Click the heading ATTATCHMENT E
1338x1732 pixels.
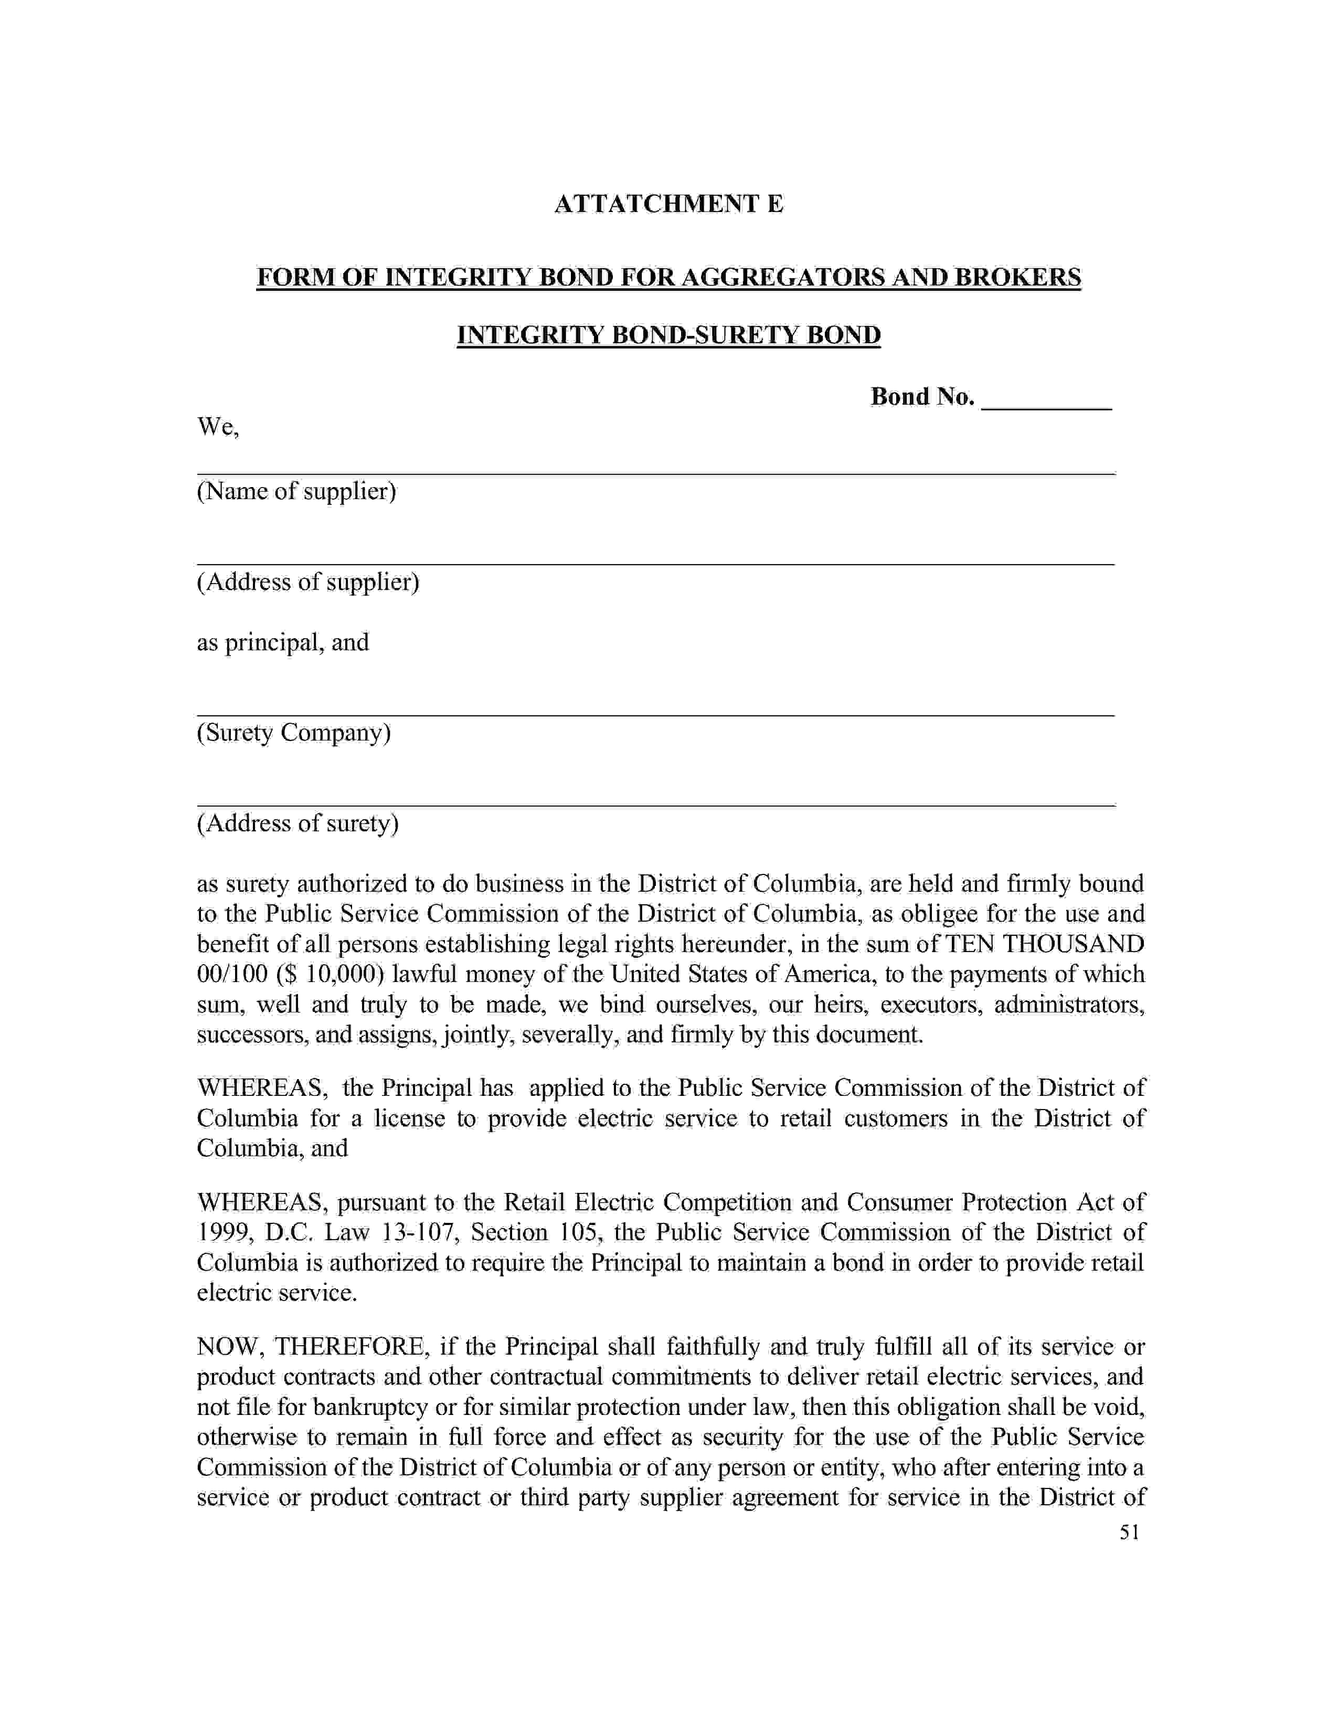[x=668, y=204]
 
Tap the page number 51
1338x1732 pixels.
[x=1129, y=1532]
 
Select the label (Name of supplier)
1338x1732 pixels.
[x=296, y=492]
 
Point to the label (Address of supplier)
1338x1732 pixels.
[x=307, y=582]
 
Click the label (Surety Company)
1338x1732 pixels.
[x=293, y=732]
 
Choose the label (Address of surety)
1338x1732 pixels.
[x=297, y=823]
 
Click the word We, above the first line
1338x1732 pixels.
[x=218, y=427]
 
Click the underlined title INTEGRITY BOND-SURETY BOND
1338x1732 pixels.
[x=668, y=335]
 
